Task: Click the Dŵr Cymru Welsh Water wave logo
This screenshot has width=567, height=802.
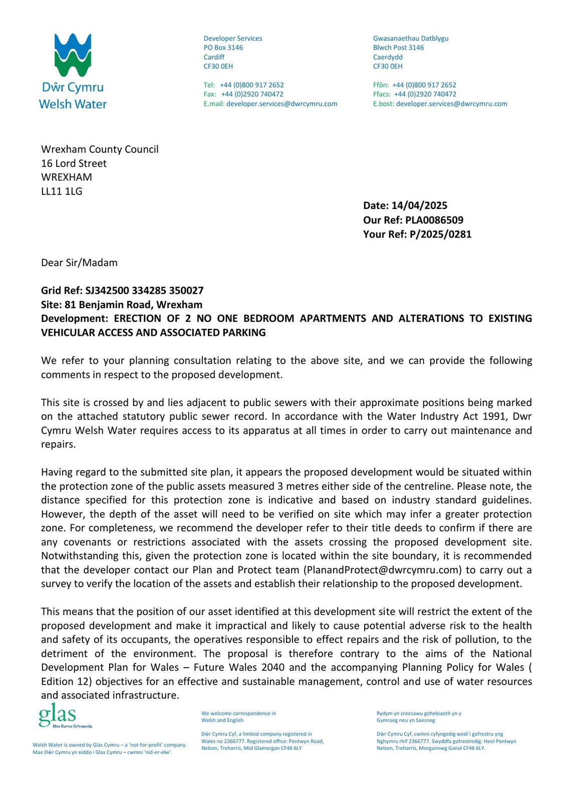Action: pyautogui.click(x=73, y=55)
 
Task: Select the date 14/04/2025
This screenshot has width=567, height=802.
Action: pyautogui.click(x=419, y=206)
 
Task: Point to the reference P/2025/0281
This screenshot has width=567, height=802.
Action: pyautogui.click(x=440, y=234)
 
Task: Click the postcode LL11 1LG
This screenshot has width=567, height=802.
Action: pyautogui.click(x=62, y=191)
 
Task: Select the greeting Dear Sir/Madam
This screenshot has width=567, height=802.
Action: pyautogui.click(x=79, y=263)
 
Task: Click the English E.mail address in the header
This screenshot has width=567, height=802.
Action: pyautogui.click(x=281, y=104)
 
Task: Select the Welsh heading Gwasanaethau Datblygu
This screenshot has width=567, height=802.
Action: pyautogui.click(x=411, y=39)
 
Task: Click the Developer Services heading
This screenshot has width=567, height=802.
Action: pyautogui.click(x=232, y=39)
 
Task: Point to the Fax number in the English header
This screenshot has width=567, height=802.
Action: pyautogui.click(x=252, y=94)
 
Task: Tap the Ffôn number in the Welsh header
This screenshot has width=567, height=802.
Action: pyautogui.click(x=424, y=85)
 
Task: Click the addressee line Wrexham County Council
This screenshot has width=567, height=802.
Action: pyautogui.click(x=100, y=149)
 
